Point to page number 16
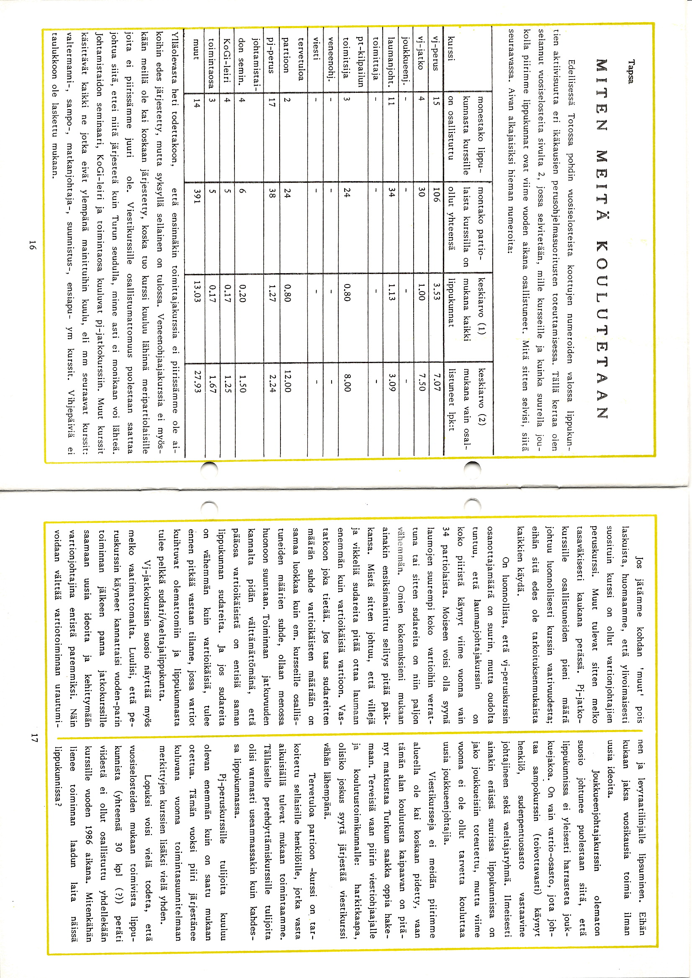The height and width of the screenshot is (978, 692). click(33, 246)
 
